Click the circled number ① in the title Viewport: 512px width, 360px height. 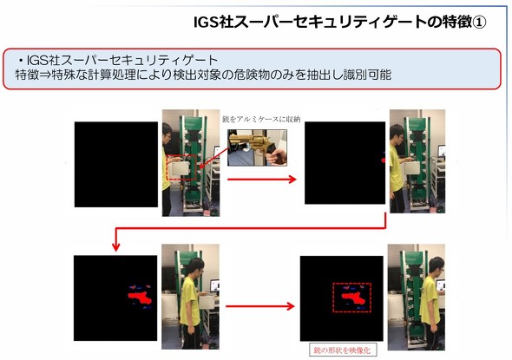tap(479, 23)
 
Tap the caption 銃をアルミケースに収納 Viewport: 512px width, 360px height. tap(261, 119)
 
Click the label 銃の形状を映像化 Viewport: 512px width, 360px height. tap(342, 350)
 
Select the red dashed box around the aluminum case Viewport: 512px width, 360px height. tap(181, 167)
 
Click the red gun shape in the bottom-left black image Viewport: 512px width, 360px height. tap(140, 298)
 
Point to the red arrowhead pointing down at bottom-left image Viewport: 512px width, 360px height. tap(115, 246)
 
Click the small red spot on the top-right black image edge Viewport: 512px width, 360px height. tap(384, 160)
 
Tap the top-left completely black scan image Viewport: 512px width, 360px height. tap(116, 164)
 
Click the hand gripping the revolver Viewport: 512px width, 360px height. tap(276, 156)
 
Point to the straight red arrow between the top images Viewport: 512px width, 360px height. tap(262, 180)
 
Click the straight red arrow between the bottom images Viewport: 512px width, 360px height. tap(260, 306)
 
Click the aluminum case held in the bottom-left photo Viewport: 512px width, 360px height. tap(207, 302)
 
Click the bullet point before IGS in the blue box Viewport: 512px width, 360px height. tap(21, 61)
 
